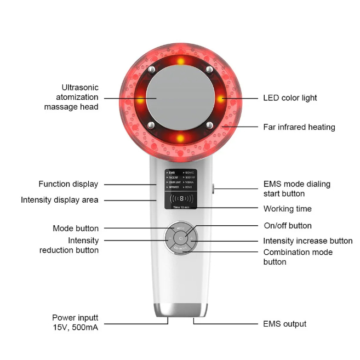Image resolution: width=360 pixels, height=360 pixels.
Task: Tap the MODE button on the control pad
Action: pyautogui.click(x=181, y=227)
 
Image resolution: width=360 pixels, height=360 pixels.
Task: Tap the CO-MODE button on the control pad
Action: pyautogui.click(x=181, y=250)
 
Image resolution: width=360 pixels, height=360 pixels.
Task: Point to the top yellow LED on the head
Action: pyautogui.click(x=181, y=61)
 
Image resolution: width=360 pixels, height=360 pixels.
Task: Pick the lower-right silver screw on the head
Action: pyautogui.click(x=209, y=126)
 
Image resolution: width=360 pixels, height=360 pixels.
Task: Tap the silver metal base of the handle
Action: pyautogui.click(x=181, y=310)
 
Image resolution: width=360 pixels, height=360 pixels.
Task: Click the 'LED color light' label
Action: pyautogui.click(x=290, y=98)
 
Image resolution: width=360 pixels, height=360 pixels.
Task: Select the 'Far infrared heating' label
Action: pyautogui.click(x=299, y=127)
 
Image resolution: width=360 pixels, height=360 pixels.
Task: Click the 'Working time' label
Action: pyautogui.click(x=287, y=209)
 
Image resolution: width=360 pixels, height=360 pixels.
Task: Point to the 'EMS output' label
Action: pyautogui.click(x=284, y=324)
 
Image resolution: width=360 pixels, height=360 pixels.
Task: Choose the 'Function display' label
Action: pyautogui.click(x=68, y=184)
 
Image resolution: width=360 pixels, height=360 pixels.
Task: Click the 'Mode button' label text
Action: pyautogui.click(x=76, y=228)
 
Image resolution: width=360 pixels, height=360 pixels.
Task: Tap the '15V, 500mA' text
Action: pyautogui.click(x=76, y=328)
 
